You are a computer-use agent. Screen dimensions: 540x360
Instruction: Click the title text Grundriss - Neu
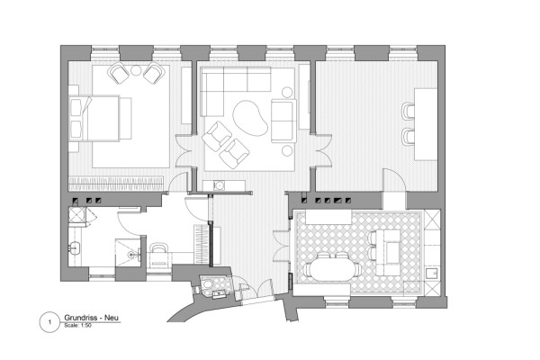pyautogui.click(x=91, y=318)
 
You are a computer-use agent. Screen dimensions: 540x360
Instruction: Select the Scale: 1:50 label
pyautogui.click(x=77, y=325)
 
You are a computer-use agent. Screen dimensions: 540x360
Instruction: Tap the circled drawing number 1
pyautogui.click(x=49, y=322)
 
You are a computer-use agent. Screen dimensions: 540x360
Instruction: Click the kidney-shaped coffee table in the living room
pyautogui.click(x=250, y=118)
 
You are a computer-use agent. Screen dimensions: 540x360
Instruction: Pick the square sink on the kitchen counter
pyautogui.click(x=431, y=274)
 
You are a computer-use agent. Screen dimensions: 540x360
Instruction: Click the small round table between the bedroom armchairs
pyautogui.click(x=136, y=70)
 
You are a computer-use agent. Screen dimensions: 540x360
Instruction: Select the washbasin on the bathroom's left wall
pyautogui.click(x=74, y=248)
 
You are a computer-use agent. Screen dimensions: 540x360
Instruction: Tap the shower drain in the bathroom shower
pyautogui.click(x=130, y=255)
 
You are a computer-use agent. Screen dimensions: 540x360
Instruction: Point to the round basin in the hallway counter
pyautogui.click(x=219, y=185)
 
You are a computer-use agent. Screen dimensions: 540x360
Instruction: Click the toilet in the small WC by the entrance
pyautogui.click(x=208, y=285)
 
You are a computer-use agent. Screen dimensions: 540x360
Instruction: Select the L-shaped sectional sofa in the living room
pyautogui.click(x=228, y=89)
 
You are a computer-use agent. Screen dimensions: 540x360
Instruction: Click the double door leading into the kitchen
pyautogui.click(x=282, y=246)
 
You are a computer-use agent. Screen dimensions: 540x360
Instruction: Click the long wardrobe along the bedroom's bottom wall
pyautogui.click(x=116, y=184)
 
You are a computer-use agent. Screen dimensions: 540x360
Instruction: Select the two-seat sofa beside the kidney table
pyautogui.click(x=283, y=121)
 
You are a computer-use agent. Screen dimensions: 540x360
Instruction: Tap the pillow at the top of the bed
pyautogui.click(x=76, y=107)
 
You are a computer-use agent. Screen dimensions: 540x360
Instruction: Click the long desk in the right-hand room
pyautogui.click(x=426, y=124)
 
